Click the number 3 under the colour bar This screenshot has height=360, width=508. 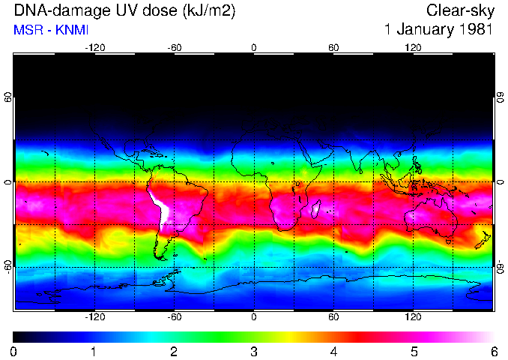(253, 351)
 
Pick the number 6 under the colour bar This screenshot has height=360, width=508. (493, 351)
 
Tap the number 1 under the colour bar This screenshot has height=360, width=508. (93, 351)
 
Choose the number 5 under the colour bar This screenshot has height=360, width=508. (413, 351)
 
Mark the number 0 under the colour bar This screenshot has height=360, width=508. (13, 351)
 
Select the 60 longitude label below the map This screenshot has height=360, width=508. (333, 317)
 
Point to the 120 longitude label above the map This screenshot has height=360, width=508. (413, 47)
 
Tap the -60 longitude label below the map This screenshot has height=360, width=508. (174, 317)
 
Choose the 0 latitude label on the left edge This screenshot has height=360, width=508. (7, 182)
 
